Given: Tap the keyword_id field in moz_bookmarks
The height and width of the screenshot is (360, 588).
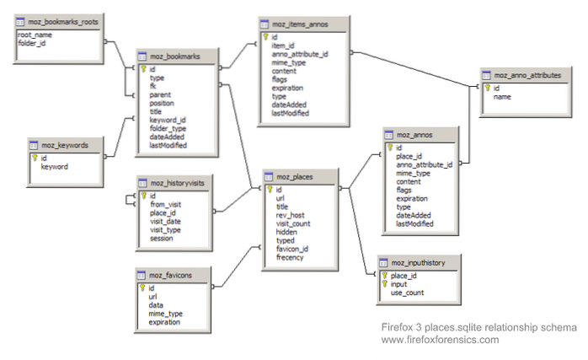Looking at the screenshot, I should [x=168, y=120].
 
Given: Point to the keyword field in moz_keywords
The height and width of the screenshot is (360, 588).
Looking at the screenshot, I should [x=55, y=167].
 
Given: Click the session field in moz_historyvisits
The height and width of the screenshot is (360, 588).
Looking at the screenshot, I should [x=163, y=239].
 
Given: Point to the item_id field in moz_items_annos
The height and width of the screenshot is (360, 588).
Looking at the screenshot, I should [x=285, y=46].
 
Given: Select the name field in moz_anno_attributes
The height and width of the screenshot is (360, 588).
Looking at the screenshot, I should [x=503, y=96].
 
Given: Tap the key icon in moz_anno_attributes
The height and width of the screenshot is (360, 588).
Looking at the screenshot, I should [x=487, y=87].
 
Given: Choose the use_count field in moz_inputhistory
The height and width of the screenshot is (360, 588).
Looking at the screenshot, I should [x=408, y=293].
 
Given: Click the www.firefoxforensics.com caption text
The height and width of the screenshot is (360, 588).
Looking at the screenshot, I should [x=440, y=340].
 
